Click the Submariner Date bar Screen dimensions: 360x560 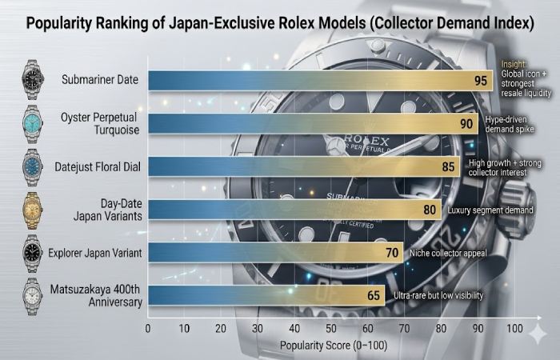(x=320, y=81)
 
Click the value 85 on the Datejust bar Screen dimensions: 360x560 (x=449, y=166)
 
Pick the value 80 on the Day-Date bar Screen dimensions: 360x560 (x=430, y=210)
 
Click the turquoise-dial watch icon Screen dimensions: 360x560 (x=34, y=123)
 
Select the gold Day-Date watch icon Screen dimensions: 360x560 (x=34, y=210)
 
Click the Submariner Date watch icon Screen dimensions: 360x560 (x=34, y=81)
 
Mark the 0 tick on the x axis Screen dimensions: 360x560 (x=148, y=329)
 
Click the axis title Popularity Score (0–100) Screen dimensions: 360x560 (x=331, y=346)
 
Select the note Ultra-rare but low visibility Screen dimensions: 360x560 (x=439, y=296)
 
